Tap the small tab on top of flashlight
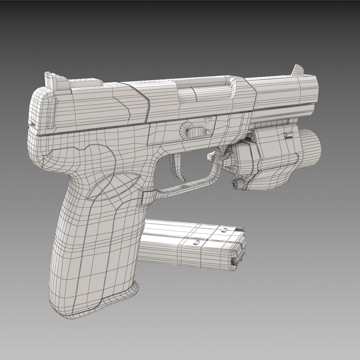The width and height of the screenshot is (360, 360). click(x=289, y=135)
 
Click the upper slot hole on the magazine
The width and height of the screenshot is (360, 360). click(x=224, y=230)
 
